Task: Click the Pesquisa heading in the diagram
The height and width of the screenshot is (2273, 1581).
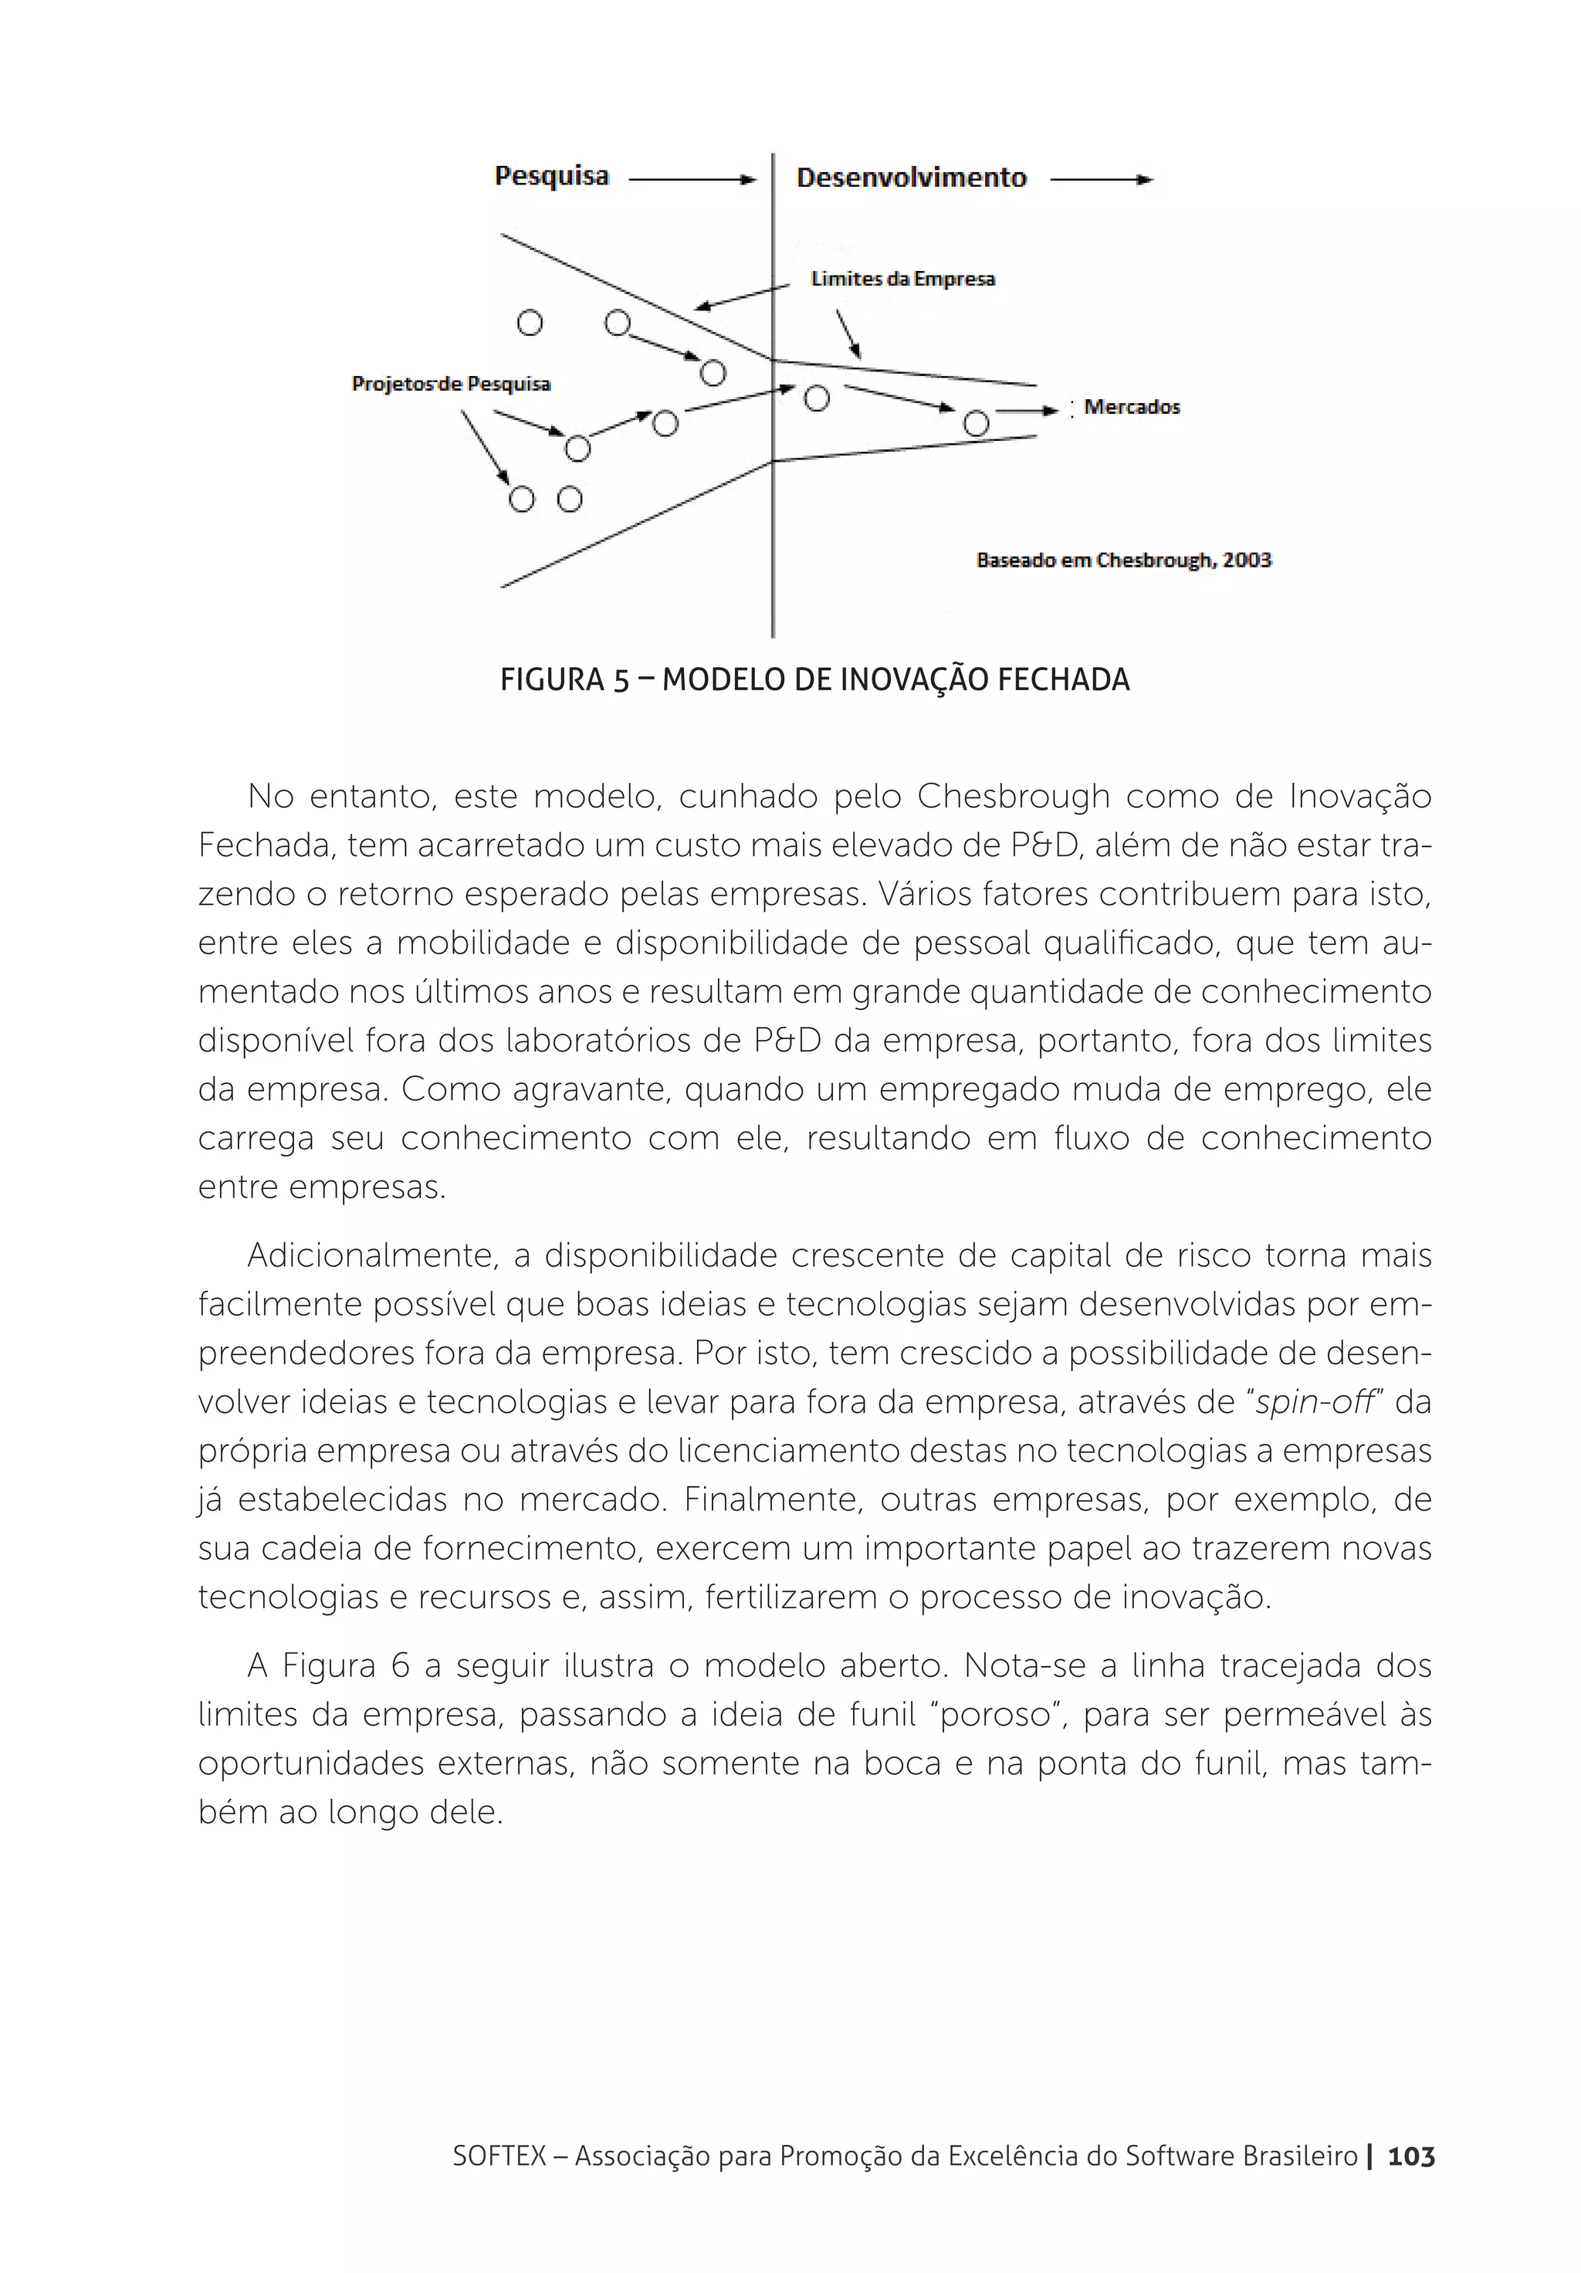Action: (550, 178)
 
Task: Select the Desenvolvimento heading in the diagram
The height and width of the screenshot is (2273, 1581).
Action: (910, 179)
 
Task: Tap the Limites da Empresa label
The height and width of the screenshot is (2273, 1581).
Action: (902, 279)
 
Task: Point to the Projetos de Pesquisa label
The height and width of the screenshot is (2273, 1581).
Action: (450, 384)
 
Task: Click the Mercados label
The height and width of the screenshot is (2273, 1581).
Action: (1131, 407)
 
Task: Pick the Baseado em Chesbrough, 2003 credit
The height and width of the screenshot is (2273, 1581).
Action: (1122, 561)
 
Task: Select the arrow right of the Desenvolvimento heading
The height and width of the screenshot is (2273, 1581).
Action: (1101, 180)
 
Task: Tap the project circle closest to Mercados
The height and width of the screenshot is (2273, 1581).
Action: (975, 424)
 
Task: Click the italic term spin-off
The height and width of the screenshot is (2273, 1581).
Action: (1315, 1403)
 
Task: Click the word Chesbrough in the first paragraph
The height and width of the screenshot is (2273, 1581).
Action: (1013, 796)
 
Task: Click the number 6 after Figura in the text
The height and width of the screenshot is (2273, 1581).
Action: (399, 1666)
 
